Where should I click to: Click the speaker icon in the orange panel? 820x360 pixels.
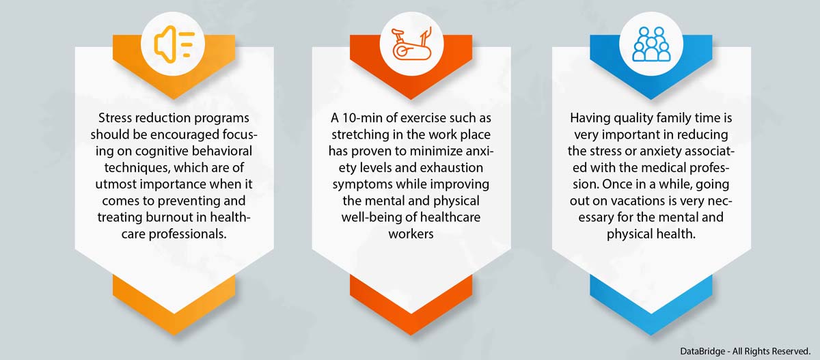click(174, 44)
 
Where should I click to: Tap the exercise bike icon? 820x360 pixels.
click(411, 44)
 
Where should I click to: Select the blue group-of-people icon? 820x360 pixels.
click(651, 44)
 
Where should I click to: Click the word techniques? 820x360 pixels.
click(137, 168)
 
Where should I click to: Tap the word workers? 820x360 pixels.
click(411, 234)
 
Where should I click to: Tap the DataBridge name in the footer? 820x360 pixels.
click(702, 351)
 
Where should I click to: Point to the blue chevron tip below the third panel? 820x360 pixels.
click(651, 334)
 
